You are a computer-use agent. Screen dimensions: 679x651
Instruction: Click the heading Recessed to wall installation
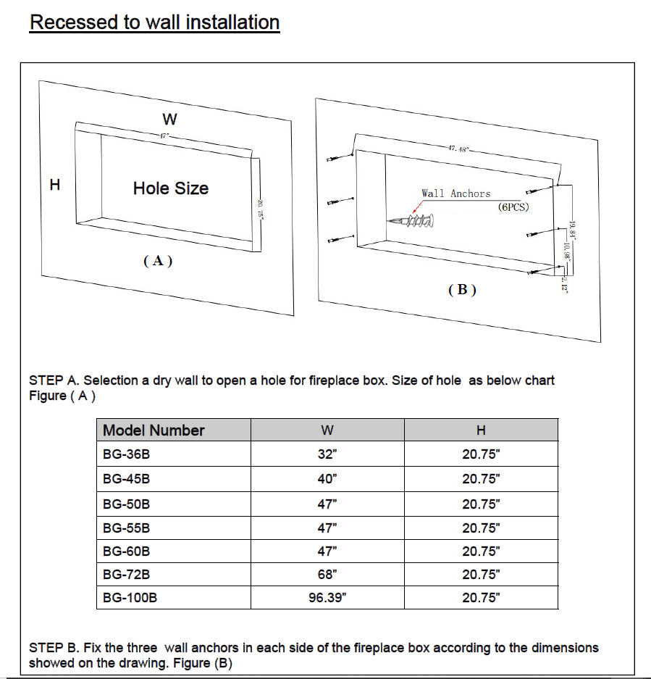pyautogui.click(x=154, y=22)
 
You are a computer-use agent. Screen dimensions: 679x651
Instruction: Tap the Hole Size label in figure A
pyautogui.click(x=171, y=188)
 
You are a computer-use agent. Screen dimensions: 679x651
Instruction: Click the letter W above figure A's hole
pyautogui.click(x=169, y=119)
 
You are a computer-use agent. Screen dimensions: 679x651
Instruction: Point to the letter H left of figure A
pyautogui.click(x=54, y=185)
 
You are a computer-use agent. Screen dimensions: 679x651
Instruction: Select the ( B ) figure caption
pyautogui.click(x=462, y=290)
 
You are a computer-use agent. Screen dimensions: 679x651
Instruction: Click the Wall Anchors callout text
pyautogui.click(x=455, y=193)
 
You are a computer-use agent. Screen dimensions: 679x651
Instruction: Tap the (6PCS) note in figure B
pyautogui.click(x=513, y=207)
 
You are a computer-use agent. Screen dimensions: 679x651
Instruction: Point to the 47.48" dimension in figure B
pyautogui.click(x=458, y=149)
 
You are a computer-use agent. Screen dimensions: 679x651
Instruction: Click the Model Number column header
pyautogui.click(x=154, y=430)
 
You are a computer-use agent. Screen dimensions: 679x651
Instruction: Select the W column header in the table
pyautogui.click(x=327, y=430)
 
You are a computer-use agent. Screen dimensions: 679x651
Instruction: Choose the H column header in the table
pyautogui.click(x=481, y=430)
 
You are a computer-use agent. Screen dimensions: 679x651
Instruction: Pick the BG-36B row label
pyautogui.click(x=127, y=455)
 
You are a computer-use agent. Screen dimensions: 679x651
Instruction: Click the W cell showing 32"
pyautogui.click(x=327, y=455)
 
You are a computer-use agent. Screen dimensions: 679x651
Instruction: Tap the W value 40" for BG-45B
pyautogui.click(x=327, y=479)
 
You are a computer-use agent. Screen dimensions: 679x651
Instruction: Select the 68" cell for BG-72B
pyautogui.click(x=327, y=575)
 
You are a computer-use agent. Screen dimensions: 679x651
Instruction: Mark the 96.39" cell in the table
pyautogui.click(x=327, y=599)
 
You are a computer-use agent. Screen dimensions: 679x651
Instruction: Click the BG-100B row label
pyautogui.click(x=130, y=599)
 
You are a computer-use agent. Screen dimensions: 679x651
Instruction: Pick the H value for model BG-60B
pyautogui.click(x=481, y=551)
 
